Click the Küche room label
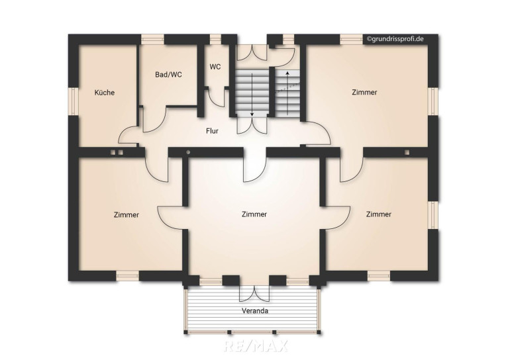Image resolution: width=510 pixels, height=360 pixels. pos(105,93)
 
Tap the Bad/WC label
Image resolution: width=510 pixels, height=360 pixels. pos(168,75)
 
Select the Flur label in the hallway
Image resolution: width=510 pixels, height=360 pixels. pos(212,131)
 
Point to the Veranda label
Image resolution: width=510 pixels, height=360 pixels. pos(255,311)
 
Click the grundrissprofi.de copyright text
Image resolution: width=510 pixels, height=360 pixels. pos(395,38)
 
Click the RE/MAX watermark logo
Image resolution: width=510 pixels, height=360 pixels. pos(256,346)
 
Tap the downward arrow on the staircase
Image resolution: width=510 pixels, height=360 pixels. pos(252,95)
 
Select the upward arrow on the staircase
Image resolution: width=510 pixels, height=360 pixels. pos(287,93)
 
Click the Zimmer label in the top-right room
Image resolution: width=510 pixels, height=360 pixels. pos(364,92)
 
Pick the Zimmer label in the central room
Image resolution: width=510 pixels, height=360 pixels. pos(254,214)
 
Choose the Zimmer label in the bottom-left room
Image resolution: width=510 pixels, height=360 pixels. pos(127,215)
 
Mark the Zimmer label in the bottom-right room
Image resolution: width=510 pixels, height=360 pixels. pos(379,214)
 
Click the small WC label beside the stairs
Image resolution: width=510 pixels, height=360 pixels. pos(215,67)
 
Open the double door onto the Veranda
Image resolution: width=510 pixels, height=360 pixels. pos(254,293)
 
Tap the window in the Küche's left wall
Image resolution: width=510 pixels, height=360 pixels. pos(73,101)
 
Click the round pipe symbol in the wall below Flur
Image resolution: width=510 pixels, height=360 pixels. pos(188,152)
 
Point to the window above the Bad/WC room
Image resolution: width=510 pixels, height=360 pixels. pos(152,39)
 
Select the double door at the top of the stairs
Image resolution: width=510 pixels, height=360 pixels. pos(252,53)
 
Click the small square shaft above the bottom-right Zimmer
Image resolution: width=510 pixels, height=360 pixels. pos(407,152)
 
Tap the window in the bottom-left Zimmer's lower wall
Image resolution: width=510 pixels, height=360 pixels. pos(127,276)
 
